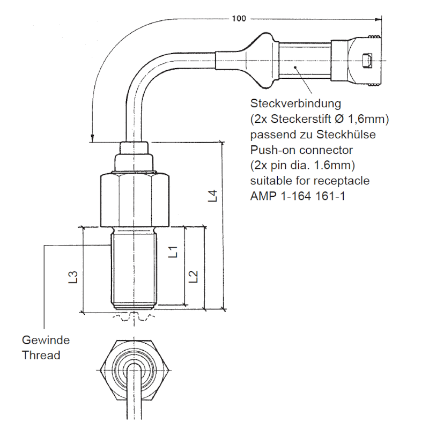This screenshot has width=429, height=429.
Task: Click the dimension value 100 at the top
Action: tap(239, 18)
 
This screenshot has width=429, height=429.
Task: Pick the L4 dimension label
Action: tap(213, 196)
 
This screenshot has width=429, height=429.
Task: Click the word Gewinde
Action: tap(46, 340)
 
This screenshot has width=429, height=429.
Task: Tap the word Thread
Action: tap(41, 355)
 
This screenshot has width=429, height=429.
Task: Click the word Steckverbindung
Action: tap(295, 102)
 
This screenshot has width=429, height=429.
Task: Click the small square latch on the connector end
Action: tap(367, 61)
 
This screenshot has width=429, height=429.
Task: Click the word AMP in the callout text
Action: tap(262, 196)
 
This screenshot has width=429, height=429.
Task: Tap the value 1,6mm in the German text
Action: tap(367, 118)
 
